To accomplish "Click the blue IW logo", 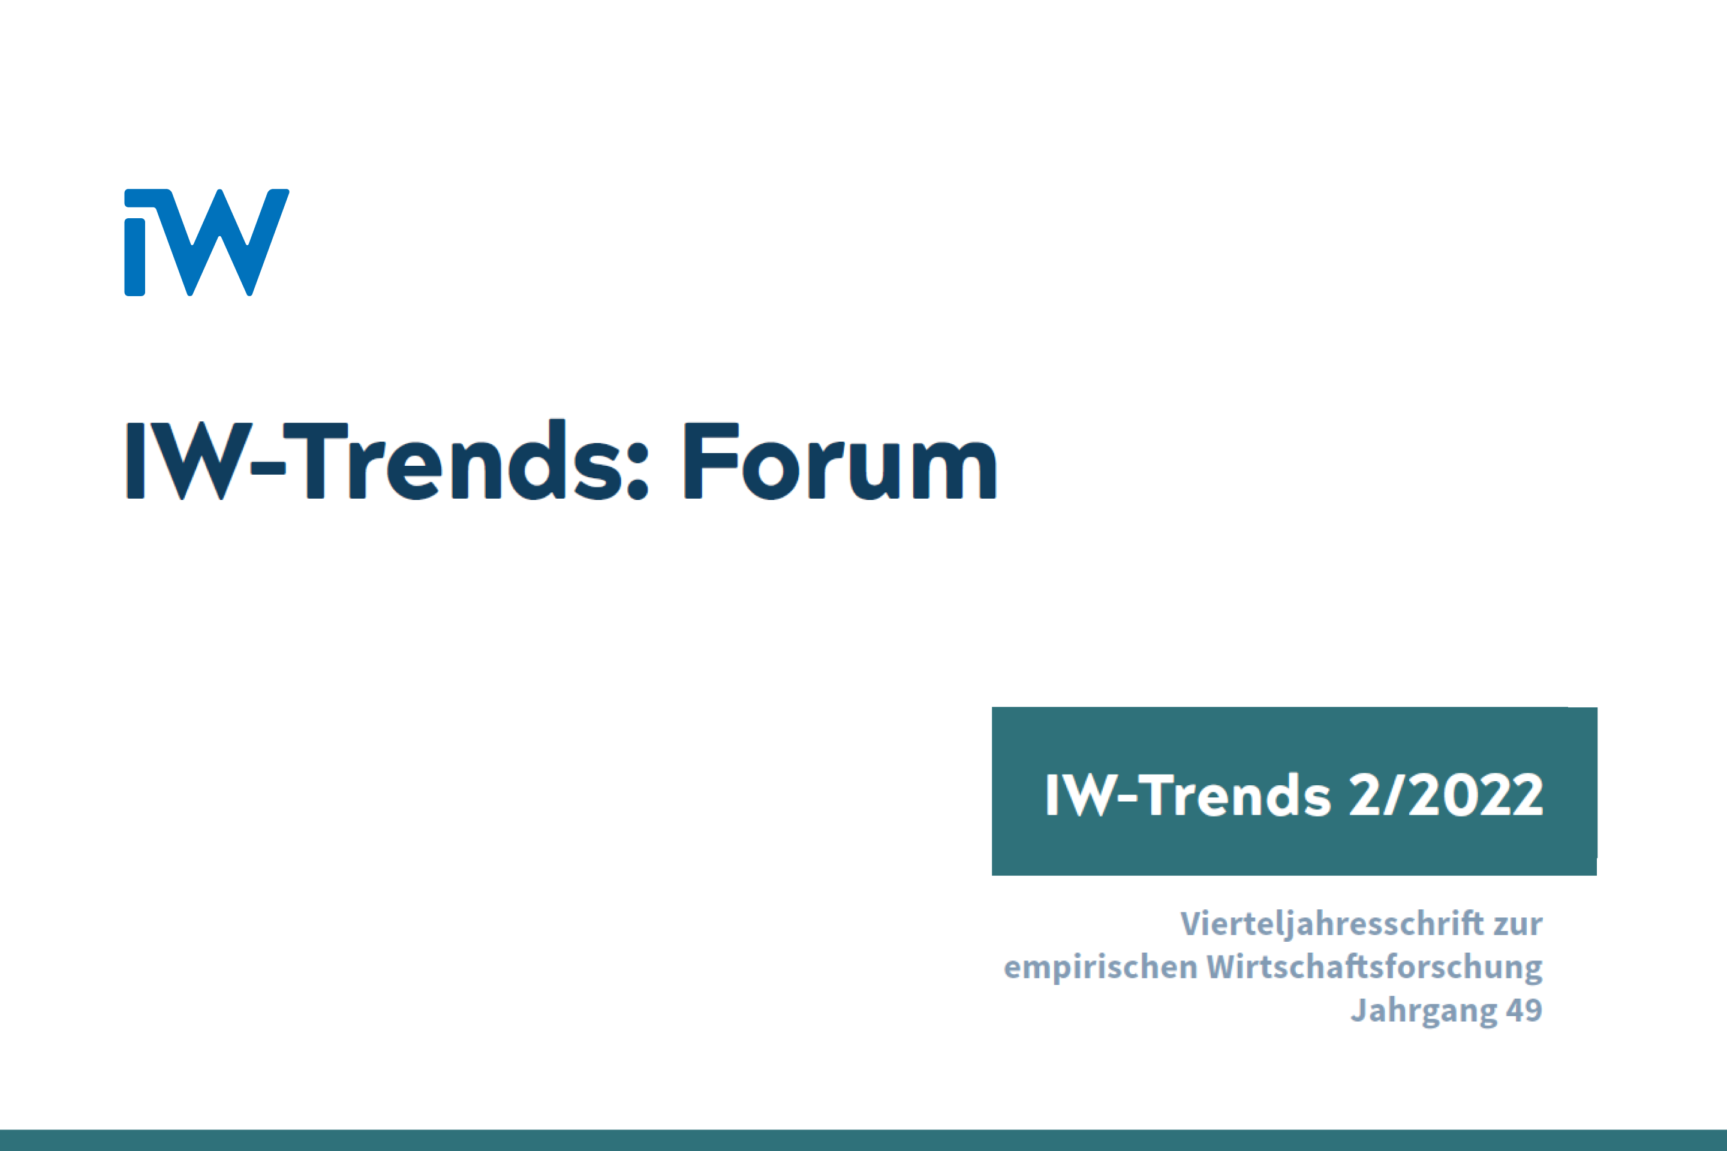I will click(x=206, y=242).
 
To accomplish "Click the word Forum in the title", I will click(x=840, y=460).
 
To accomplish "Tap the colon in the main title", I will click(x=637, y=471).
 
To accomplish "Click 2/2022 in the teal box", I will click(x=1446, y=795).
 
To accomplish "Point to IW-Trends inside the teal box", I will click(x=1187, y=795).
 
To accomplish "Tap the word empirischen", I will click(x=1100, y=968).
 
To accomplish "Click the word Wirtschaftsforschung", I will click(x=1374, y=967).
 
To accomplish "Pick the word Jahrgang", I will click(x=1423, y=1010).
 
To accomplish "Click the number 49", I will click(x=1524, y=1010).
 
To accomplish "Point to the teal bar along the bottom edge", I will click(x=863, y=1140).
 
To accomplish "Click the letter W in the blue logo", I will click(x=220, y=242).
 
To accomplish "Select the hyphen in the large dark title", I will click(x=267, y=468).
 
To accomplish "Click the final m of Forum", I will click(x=954, y=470).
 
